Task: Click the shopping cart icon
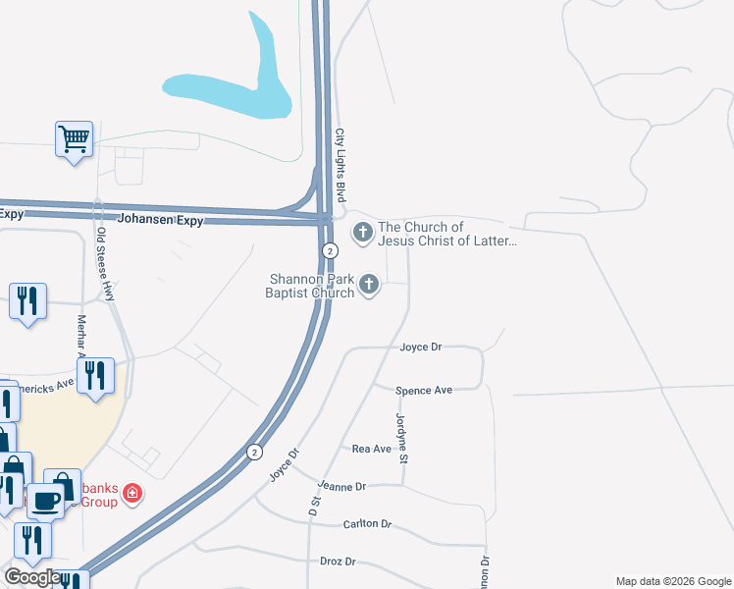point(74,138)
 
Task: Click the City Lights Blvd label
point(341,160)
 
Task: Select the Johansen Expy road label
point(160,221)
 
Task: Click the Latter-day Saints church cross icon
point(362,233)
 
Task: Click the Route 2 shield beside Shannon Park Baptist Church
point(331,251)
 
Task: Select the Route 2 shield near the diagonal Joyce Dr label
point(254,452)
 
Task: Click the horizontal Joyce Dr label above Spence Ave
point(422,348)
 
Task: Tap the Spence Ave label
point(424,391)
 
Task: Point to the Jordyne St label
point(401,427)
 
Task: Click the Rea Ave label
point(372,449)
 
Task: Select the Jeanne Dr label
point(341,486)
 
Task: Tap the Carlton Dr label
point(367,524)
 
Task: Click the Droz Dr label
point(338,562)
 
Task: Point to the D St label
point(315,507)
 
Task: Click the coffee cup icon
point(45,501)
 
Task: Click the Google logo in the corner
point(32,577)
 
